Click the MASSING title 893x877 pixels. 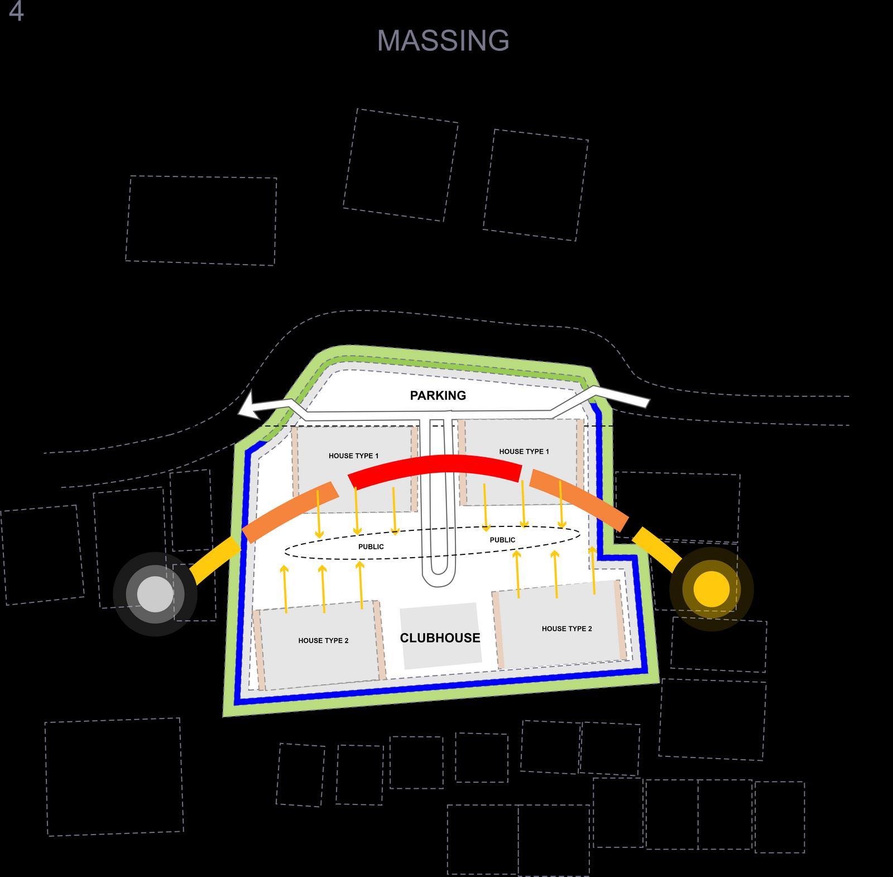[x=443, y=41]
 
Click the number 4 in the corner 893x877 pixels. [x=16, y=12]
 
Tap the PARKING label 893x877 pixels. [x=438, y=395]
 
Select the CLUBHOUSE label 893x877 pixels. [x=440, y=638]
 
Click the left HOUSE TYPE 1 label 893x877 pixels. [x=353, y=456]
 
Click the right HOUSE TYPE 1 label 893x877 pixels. [x=524, y=451]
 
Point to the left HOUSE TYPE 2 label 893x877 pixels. [x=323, y=640]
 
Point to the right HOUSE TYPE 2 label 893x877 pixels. [x=566, y=629]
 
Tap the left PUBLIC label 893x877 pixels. [x=371, y=547]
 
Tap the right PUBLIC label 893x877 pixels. [x=502, y=540]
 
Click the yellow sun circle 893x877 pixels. [x=711, y=588]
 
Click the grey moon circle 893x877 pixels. [x=155, y=593]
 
